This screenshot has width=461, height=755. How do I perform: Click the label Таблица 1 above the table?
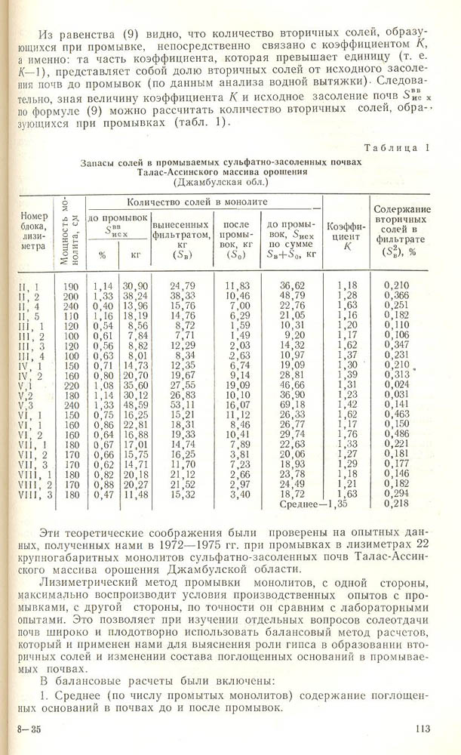tap(396, 148)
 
